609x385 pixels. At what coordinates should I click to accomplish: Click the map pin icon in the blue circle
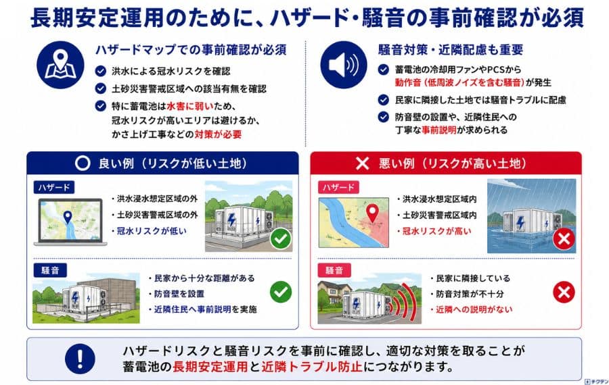point(60,64)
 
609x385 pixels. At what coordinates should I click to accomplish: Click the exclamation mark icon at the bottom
point(80,359)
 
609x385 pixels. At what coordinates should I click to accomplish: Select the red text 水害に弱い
point(190,106)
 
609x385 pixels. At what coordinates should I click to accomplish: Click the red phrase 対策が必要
point(218,134)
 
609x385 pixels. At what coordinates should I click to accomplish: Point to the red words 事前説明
point(439,130)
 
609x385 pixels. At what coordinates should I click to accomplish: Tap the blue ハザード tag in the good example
point(54,187)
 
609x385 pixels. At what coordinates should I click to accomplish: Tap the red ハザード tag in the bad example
point(338,187)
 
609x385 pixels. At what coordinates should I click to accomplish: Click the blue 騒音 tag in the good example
point(50,270)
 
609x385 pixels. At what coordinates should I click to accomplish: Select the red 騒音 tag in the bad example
point(334,270)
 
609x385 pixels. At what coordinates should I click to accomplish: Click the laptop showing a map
point(70,222)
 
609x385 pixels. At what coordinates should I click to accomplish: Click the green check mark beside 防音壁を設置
point(281,292)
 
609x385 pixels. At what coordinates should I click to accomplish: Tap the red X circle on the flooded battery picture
point(564,239)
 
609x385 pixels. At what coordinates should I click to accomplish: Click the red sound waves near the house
point(404,303)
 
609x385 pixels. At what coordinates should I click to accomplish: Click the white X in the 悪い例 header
point(362,163)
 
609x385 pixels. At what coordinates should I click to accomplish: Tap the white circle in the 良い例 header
point(83,163)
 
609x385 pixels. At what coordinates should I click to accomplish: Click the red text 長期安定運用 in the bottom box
point(210,366)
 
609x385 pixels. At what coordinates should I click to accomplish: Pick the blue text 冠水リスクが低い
point(152,231)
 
